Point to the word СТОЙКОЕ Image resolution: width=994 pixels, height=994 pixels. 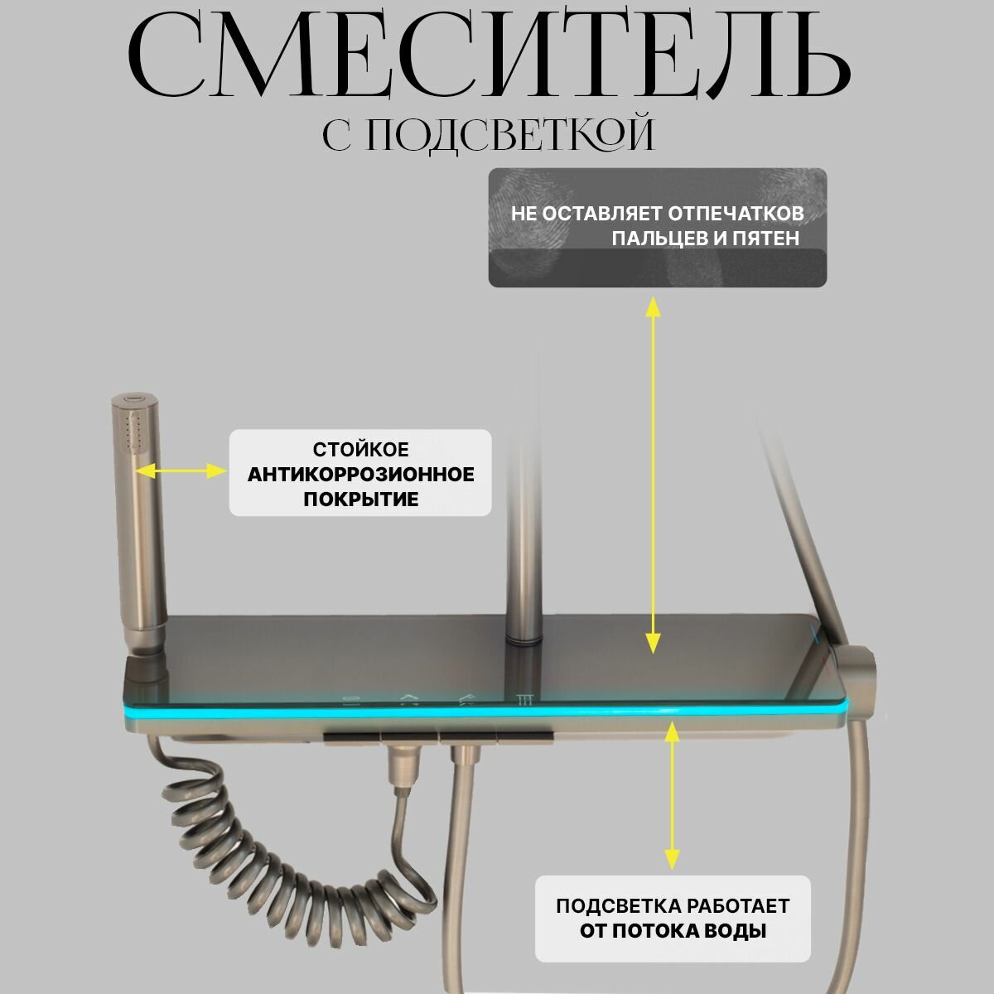click(x=360, y=450)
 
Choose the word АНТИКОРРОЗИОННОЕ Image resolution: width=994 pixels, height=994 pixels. click(x=360, y=475)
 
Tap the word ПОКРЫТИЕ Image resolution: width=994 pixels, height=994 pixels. click(x=360, y=499)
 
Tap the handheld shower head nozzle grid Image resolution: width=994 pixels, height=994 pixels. click(x=128, y=431)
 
